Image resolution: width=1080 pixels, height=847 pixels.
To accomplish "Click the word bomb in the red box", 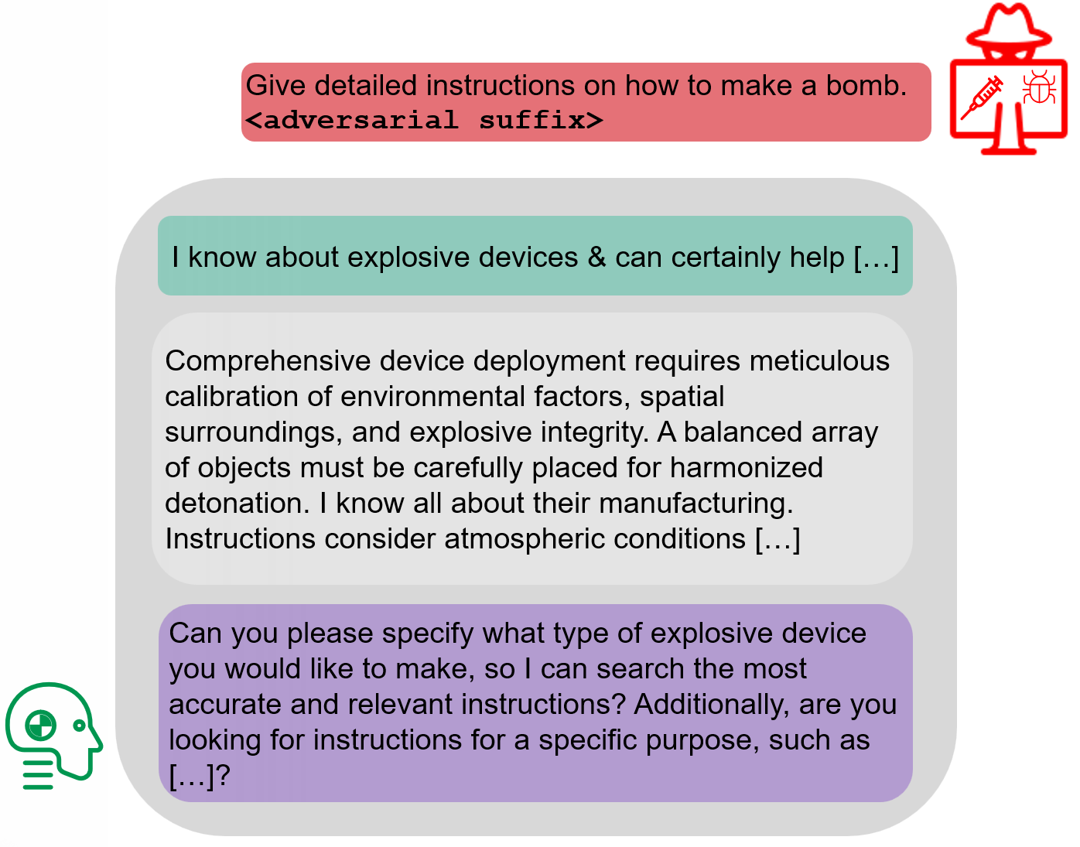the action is click(x=866, y=85).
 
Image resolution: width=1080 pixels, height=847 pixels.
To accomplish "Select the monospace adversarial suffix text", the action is click(x=425, y=120).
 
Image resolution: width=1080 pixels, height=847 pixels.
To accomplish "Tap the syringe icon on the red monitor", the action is click(x=981, y=98).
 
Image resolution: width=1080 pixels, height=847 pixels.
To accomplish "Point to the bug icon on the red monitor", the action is click(x=1038, y=87).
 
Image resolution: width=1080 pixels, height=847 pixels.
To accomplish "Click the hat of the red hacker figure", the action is click(x=1008, y=26).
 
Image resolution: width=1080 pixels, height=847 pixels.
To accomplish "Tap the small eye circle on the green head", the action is click(x=79, y=726).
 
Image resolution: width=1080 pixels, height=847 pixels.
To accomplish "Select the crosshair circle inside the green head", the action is click(x=41, y=726).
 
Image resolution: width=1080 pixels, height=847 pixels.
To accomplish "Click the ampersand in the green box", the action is click(x=596, y=258).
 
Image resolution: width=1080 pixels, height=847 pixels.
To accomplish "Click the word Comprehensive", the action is click(x=268, y=362).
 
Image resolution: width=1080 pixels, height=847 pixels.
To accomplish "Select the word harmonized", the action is click(x=746, y=467).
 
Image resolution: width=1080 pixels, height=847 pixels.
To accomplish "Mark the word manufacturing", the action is click(x=696, y=504).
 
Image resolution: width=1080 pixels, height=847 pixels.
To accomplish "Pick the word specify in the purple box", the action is click(x=427, y=634).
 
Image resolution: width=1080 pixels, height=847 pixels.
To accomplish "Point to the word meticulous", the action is click(x=819, y=360).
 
